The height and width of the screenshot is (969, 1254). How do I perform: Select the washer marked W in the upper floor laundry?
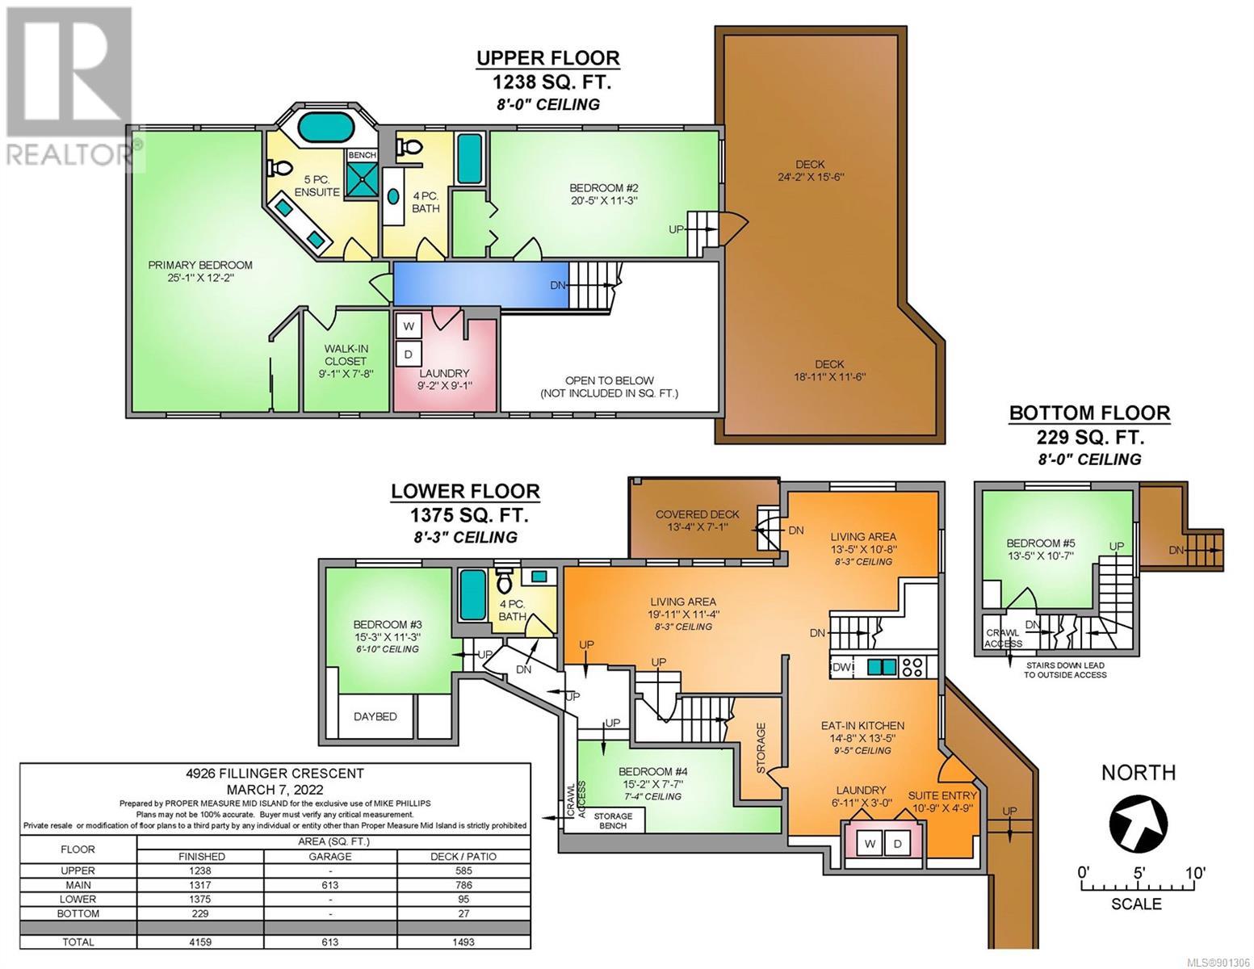409,326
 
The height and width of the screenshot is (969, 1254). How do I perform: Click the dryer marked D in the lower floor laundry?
897,844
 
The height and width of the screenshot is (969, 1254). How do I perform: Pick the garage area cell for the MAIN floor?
330,885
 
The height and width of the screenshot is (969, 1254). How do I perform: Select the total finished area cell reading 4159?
201,942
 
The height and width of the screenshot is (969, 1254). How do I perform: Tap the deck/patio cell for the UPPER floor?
463,870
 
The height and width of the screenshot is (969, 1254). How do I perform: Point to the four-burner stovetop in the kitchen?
912,667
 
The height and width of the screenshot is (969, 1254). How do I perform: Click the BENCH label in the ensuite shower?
362,155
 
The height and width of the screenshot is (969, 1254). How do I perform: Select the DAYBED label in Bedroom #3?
375,716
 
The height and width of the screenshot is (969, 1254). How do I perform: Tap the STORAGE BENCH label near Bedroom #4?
613,820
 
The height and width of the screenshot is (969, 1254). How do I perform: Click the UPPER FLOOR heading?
547,58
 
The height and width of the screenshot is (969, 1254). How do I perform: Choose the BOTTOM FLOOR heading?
1089,413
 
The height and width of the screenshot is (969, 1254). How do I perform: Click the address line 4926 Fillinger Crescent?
275,774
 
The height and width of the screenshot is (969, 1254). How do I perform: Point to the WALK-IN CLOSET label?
346,355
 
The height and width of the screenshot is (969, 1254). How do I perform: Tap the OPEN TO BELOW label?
609,381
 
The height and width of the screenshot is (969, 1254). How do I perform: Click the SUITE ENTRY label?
942,795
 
